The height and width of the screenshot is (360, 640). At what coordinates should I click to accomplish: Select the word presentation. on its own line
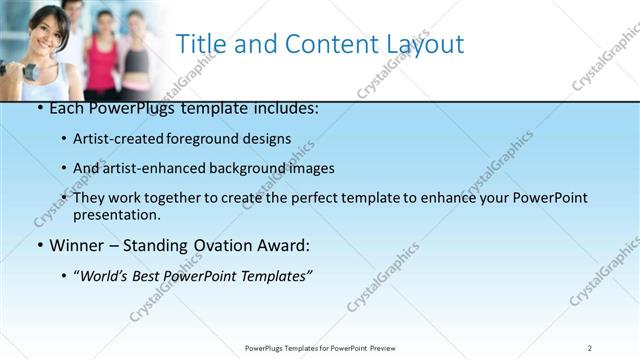point(116,214)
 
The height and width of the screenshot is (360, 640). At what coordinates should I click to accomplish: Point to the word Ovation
point(223,245)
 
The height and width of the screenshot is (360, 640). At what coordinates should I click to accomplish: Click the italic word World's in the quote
point(107,275)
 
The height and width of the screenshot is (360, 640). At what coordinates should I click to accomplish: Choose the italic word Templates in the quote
point(276,275)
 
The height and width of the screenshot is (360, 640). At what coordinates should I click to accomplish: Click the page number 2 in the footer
point(590,348)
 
